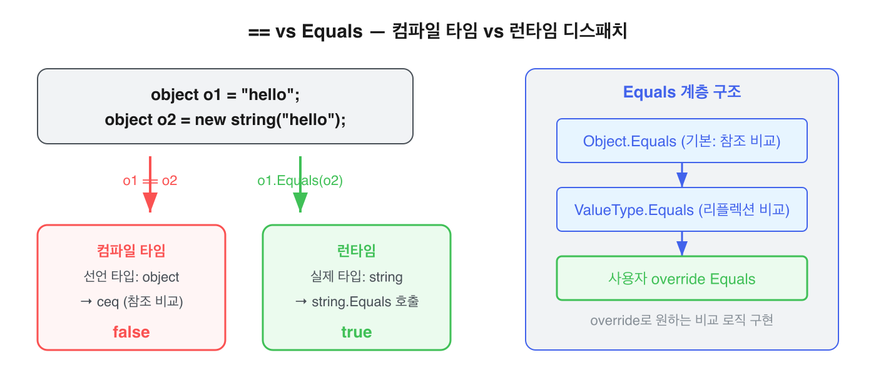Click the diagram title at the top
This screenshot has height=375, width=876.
437,32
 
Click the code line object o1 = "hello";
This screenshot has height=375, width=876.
225,95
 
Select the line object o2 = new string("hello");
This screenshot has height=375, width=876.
225,119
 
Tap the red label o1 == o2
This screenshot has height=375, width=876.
150,181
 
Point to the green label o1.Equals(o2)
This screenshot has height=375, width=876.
300,181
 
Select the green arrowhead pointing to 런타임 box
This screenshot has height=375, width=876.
300,202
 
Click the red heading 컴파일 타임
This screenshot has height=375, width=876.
131,251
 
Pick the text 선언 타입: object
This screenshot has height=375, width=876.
131,277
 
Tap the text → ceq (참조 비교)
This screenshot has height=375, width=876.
131,302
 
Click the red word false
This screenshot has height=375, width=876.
131,332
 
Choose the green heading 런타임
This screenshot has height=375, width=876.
357,251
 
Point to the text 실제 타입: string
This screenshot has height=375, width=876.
357,277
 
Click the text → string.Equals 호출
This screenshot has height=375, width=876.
357,302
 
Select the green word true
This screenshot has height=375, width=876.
357,332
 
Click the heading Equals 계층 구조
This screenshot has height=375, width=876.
682,92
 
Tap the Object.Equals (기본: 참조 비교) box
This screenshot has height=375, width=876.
682,141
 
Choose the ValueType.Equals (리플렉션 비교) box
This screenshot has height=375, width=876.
682,209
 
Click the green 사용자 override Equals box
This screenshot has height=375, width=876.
682,278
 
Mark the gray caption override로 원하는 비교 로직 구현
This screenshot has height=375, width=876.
682,321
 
